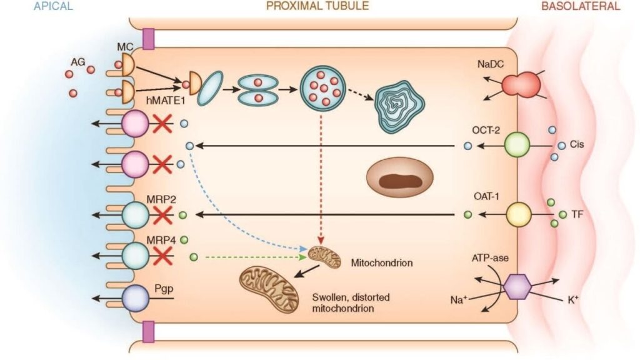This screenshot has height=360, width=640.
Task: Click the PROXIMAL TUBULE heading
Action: pyautogui.click(x=317, y=6)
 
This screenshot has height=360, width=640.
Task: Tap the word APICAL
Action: pyautogui.click(x=54, y=6)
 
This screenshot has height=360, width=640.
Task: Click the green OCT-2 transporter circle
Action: pyautogui.click(x=517, y=145)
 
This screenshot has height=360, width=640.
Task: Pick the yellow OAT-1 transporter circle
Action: pyautogui.click(x=518, y=214)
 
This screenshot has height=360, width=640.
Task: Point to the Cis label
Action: pyautogui.click(x=576, y=144)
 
